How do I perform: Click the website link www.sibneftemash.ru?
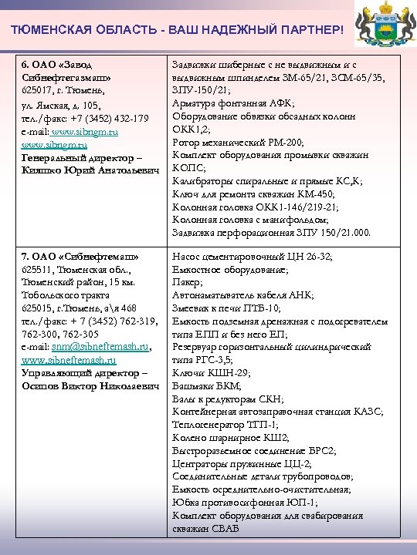coord(69,360)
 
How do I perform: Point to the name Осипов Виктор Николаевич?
coord(90,386)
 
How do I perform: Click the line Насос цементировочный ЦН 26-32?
coord(252,257)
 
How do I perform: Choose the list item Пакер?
coord(187,283)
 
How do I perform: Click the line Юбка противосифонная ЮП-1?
coord(245,503)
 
